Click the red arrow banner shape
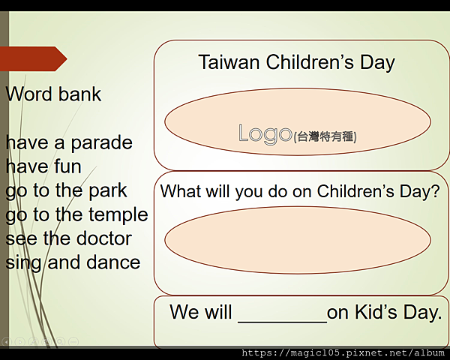coord(33,58)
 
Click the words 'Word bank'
coord(53,94)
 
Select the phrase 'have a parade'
coord(69,143)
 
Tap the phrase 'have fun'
coord(43,166)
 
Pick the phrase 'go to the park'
coord(66,191)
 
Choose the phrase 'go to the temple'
coord(76,215)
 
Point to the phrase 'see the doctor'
coord(68,238)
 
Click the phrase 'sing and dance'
coord(73,263)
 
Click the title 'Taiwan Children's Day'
coord(297,63)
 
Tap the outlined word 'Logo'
coord(265,133)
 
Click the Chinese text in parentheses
coord(325,136)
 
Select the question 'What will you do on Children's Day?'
coord(300,192)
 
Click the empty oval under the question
coord(298,240)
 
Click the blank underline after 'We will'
coord(283,322)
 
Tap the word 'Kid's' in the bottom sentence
coord(376,312)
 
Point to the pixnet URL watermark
coord(343,352)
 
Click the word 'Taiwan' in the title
coord(229,62)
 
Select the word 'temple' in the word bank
coord(118,215)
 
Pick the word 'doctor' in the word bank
coord(104,238)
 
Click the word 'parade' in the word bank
coord(101,143)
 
